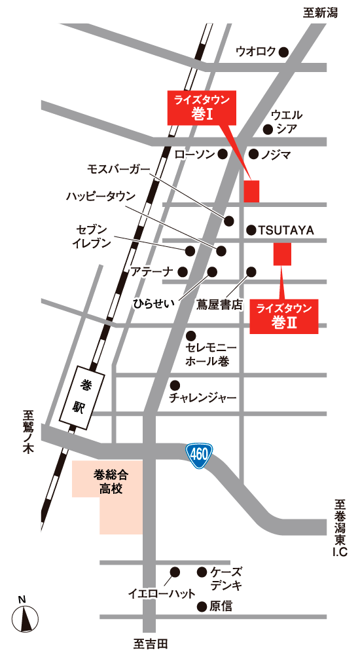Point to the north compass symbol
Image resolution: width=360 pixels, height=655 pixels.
pos(25,616)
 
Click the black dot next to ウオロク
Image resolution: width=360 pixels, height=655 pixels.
pos(283,52)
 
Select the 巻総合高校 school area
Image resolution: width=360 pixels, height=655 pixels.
pos(108,488)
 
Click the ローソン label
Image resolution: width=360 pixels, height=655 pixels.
pos(194,154)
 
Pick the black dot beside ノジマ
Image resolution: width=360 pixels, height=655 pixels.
pos(253,154)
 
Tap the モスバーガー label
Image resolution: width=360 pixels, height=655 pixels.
pos(118,169)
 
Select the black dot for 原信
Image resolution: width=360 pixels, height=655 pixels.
pos(202,607)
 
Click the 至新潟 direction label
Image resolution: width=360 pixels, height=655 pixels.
pos(321,12)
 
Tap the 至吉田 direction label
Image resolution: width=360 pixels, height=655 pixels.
pos(150,645)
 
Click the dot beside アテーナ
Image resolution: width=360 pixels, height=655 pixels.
pos(183,271)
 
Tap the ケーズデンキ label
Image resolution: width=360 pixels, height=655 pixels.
pos(226,578)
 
